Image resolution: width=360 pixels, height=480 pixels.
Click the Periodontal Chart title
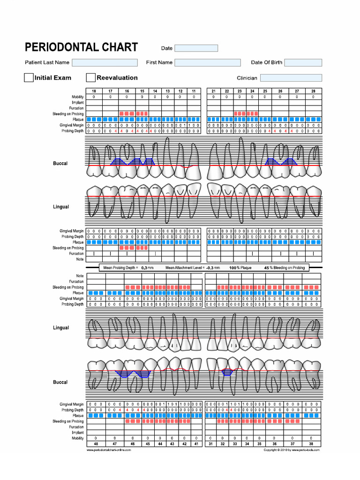pos(81,47)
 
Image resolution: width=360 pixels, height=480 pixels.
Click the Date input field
pos(196,48)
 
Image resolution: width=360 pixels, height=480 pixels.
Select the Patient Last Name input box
pos(105,62)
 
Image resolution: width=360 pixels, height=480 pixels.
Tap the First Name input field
pos(208,62)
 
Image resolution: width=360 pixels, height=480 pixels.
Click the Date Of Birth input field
pos(303,62)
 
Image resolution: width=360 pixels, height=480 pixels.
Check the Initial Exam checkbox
pos(29,78)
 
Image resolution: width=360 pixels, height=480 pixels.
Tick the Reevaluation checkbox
pos(91,78)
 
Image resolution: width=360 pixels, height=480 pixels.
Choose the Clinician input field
pos(291,78)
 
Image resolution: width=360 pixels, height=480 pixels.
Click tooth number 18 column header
pos(94,91)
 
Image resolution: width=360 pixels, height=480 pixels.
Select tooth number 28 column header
pos(313,91)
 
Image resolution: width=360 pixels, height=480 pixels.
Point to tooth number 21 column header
pos(213,91)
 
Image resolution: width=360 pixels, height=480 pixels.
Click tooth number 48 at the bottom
pos(96,443)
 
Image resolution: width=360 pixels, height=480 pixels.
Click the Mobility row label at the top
pos(77,97)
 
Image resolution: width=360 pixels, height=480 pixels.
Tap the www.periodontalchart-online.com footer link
pos(109,450)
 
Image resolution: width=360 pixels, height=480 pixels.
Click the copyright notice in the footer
pos(292,450)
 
